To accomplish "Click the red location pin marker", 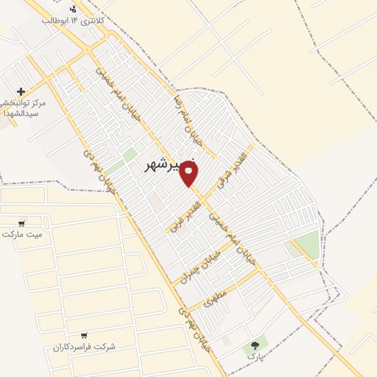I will (189, 174).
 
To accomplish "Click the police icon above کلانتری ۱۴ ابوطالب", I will (73, 9).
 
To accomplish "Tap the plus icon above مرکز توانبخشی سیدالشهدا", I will (21, 91).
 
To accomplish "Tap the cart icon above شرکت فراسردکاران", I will (84, 335).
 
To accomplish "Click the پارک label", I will (256, 356).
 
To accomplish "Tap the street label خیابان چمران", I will (196, 266).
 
